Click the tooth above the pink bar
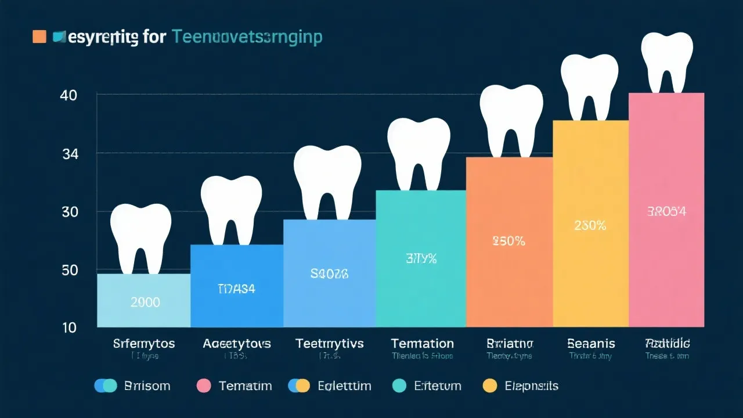click(667, 61)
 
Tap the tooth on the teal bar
click(419, 153)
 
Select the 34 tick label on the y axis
click(69, 154)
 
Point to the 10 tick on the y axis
click(69, 327)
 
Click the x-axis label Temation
click(422, 344)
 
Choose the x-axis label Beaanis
click(591, 344)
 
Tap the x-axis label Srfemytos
click(144, 344)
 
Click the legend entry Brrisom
click(147, 385)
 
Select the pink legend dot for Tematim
click(204, 385)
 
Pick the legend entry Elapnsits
click(531, 385)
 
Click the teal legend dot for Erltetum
click(399, 385)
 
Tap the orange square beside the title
click(39, 37)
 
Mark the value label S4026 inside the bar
click(329, 274)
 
